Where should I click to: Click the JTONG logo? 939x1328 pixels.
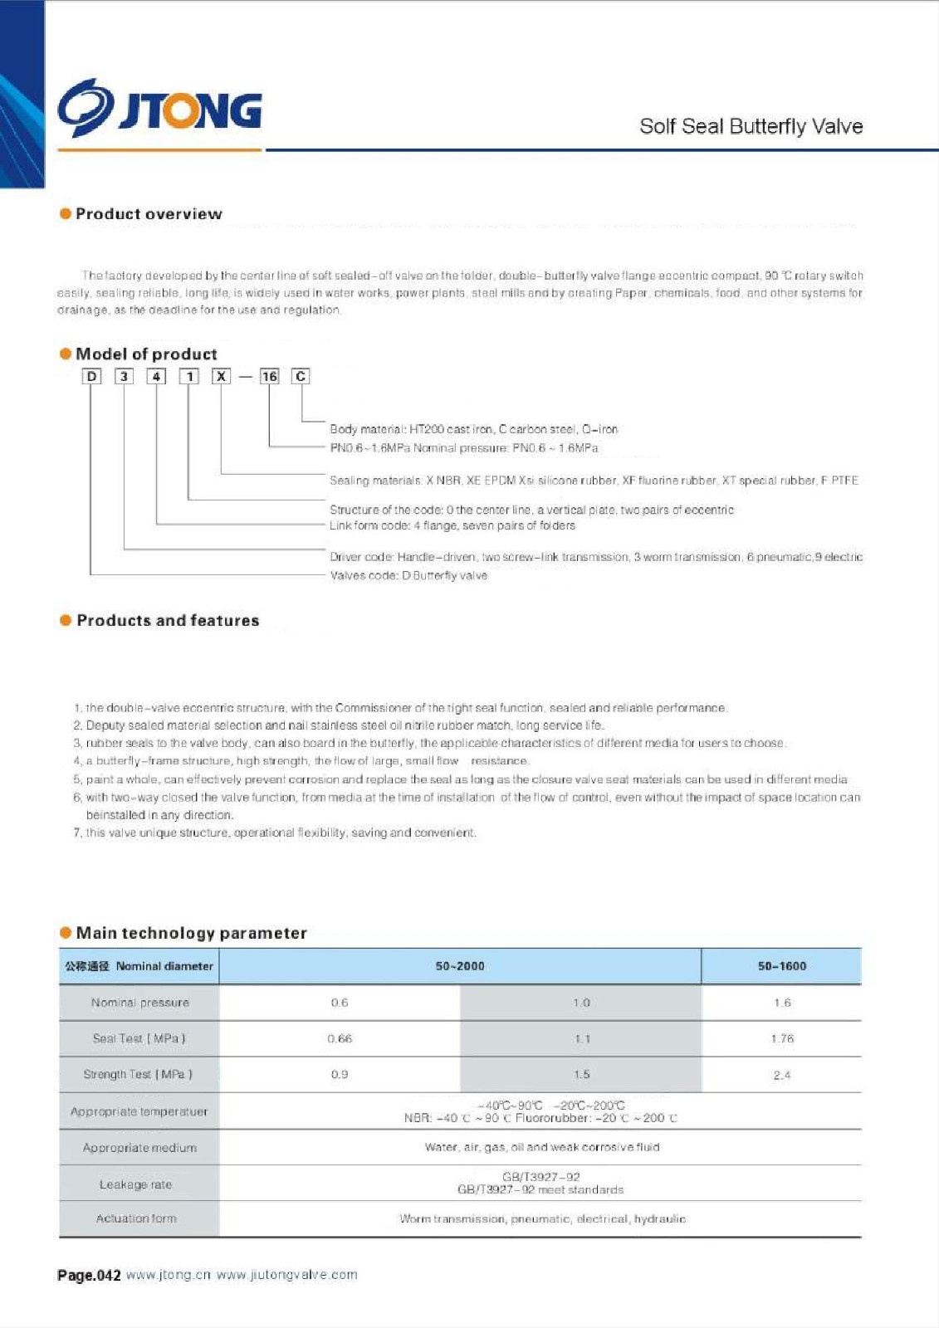pos(160,109)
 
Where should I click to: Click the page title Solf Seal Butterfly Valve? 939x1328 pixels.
pos(751,126)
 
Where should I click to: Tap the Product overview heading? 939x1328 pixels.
pos(149,214)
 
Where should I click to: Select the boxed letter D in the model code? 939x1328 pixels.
pos(91,377)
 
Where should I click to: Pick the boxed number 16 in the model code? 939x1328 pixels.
pos(269,377)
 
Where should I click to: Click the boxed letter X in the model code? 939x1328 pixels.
pos(221,377)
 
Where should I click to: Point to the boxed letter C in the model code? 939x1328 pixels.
pos(301,377)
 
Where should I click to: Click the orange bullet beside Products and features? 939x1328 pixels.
pos(66,620)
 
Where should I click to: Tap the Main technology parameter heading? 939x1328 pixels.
pos(191,933)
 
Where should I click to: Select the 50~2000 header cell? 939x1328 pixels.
pos(460,966)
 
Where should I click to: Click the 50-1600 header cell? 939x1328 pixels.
pos(781,966)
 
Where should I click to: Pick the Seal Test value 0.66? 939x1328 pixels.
pos(340,1038)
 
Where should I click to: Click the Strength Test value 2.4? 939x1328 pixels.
pos(782,1075)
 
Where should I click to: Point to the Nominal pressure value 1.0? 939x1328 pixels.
pos(581,1003)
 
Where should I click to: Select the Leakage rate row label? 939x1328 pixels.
pos(135,1184)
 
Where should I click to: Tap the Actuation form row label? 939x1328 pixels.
pos(136,1218)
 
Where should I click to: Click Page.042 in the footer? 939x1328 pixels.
pos(89,1276)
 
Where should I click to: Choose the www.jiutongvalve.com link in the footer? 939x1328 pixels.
pos(286,1275)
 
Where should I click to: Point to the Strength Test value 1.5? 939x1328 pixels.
pos(581,1074)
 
